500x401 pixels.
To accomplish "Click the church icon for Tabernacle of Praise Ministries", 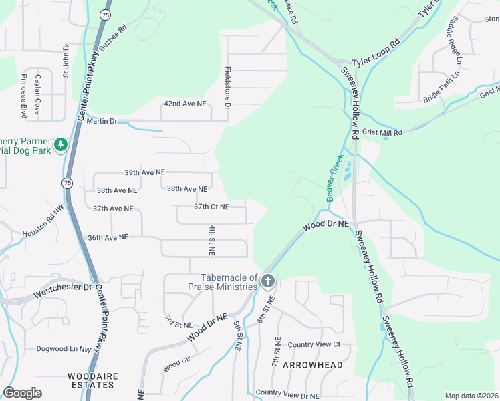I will tap(267, 281).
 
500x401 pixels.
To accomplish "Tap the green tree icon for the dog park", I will tap(60, 144).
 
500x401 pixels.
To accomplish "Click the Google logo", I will tap(22, 393).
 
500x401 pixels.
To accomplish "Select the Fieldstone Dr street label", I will tap(228, 88).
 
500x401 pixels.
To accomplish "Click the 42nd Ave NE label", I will tap(185, 104).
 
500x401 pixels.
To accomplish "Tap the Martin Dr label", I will tap(106, 121).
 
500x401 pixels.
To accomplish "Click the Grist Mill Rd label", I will tap(382, 133).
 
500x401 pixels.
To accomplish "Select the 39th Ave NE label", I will tap(144, 172).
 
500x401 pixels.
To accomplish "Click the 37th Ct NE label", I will tap(211, 207).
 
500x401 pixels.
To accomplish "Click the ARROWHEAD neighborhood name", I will tap(312, 365).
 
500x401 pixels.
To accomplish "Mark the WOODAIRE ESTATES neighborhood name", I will tap(93, 381).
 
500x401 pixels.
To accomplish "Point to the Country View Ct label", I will tap(314, 344).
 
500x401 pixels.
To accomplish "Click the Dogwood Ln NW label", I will tap(64, 349).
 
